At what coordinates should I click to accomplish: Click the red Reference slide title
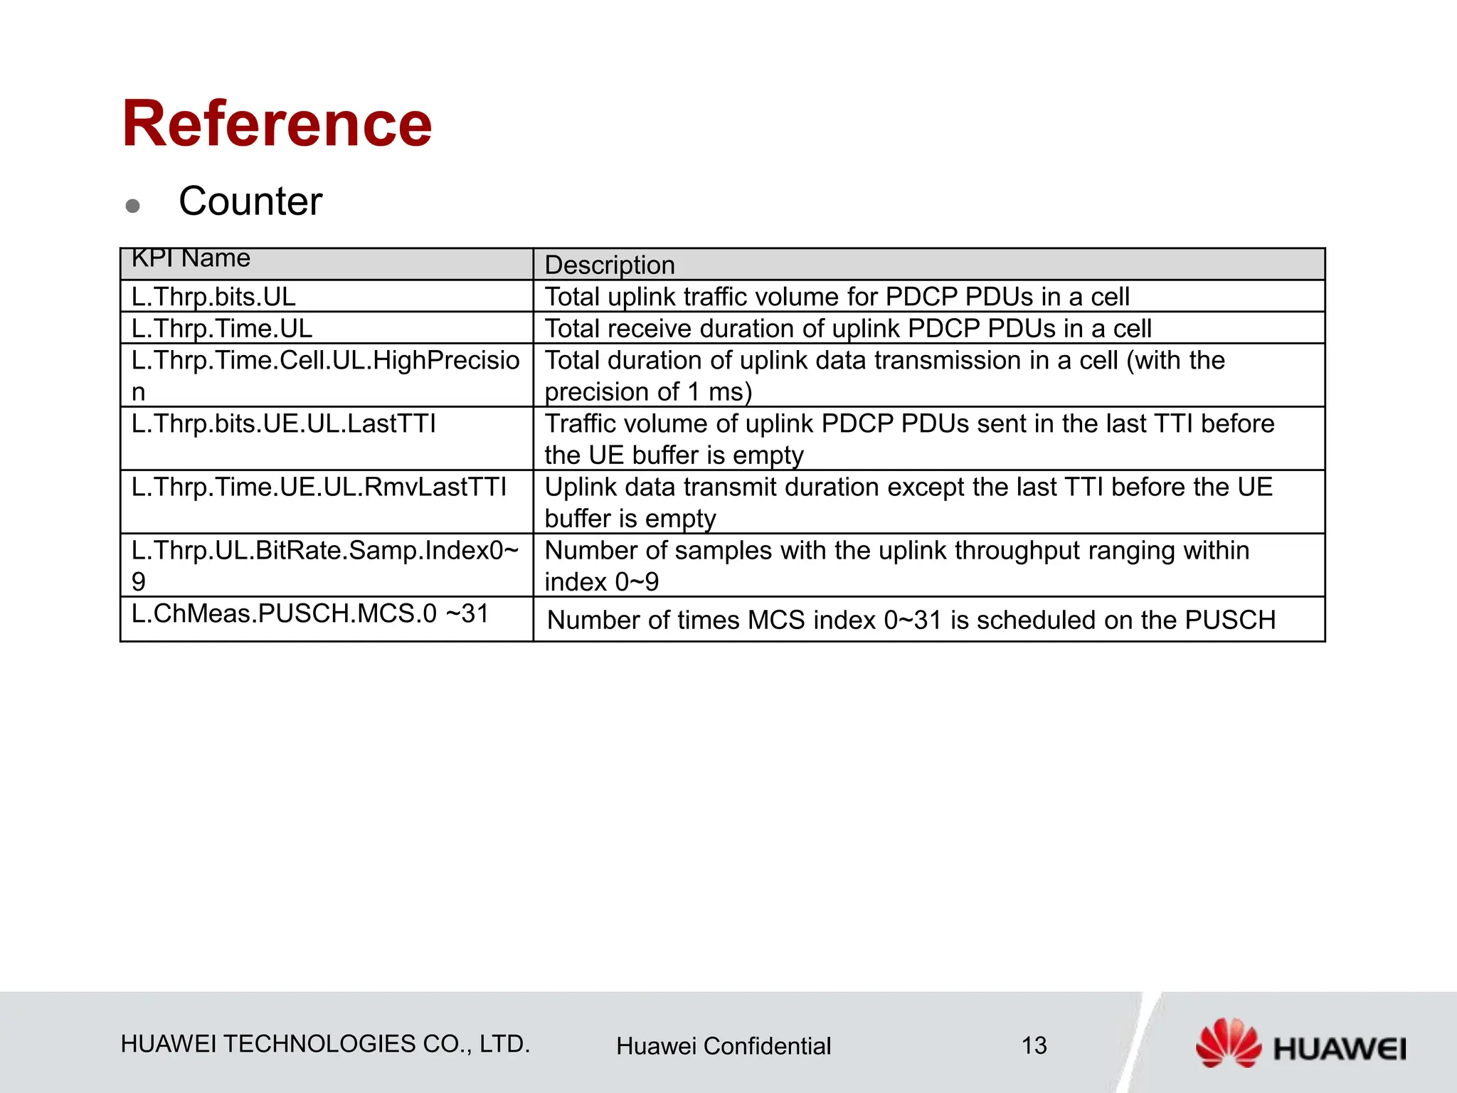(277, 125)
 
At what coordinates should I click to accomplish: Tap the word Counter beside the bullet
(250, 201)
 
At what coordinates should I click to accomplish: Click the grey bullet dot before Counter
(132, 206)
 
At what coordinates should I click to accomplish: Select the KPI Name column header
(191, 259)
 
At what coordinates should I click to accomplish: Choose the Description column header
(610, 265)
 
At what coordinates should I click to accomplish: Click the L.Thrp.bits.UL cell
(213, 297)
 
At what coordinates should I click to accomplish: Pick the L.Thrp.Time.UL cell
(222, 329)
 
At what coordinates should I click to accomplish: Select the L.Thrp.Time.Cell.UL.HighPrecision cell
(325, 375)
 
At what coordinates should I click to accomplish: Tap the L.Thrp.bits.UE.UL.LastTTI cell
(283, 424)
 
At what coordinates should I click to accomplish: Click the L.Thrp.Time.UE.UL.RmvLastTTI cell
(319, 487)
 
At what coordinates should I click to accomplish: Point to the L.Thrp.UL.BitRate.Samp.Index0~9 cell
(325, 565)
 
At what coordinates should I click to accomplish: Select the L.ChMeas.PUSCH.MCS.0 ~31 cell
(310, 613)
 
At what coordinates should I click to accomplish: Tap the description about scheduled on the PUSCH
(911, 621)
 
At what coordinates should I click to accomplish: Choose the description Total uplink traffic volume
(837, 297)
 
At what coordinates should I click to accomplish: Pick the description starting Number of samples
(896, 565)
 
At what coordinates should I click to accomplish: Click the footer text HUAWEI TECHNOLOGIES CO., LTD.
(325, 1044)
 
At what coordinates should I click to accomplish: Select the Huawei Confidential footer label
(724, 1046)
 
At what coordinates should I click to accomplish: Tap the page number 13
(1034, 1046)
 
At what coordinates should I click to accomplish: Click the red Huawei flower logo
(1227, 1043)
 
